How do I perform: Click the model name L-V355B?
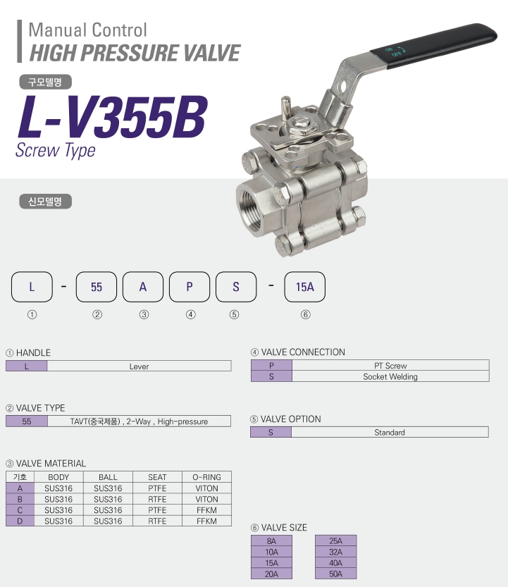click(112, 117)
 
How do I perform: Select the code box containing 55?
click(97, 287)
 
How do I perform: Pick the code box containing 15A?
click(304, 287)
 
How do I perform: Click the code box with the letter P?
click(190, 287)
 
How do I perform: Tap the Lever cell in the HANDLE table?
click(140, 366)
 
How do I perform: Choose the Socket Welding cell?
click(390, 376)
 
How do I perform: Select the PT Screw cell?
click(390, 365)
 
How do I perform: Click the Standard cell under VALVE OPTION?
click(390, 432)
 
